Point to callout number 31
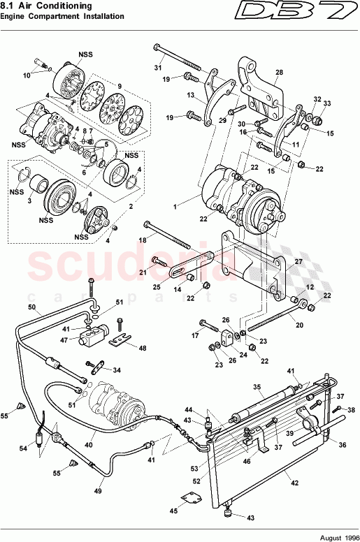pyautogui.click(x=157, y=68)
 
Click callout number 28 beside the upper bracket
pyautogui.click(x=279, y=73)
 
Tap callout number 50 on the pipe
pyautogui.click(x=31, y=307)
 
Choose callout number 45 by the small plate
pyautogui.click(x=173, y=511)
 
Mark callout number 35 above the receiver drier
pyautogui.click(x=257, y=386)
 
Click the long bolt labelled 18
pyautogui.click(x=168, y=233)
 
